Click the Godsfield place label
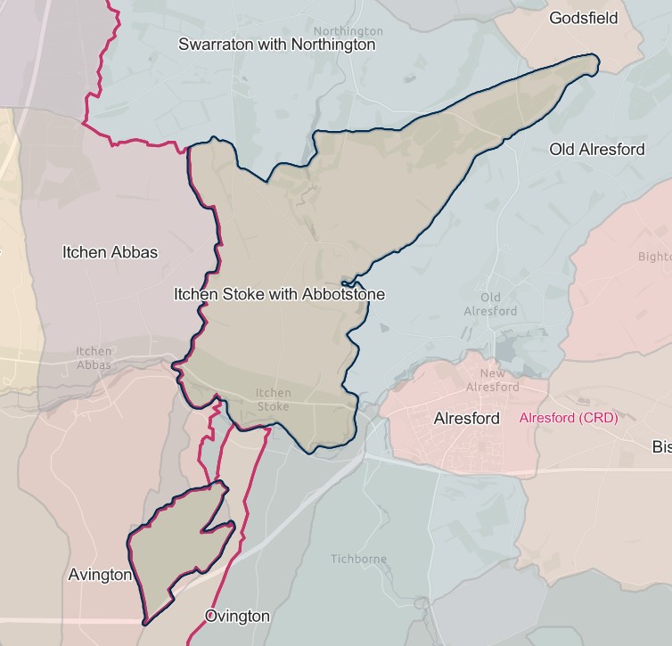point(583,18)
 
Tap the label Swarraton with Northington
point(276,45)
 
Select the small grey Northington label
point(348,6)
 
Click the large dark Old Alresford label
point(596,150)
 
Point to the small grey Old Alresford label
point(490,304)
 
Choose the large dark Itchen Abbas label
point(110,252)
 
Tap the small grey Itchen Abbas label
point(94,358)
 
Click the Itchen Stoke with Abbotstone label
point(279,293)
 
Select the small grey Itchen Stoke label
point(274,399)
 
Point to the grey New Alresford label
point(492,380)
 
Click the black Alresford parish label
point(466,418)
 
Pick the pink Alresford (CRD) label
point(568,418)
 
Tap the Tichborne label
point(358,560)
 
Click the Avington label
point(100,576)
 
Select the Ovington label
point(237,616)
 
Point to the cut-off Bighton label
point(654,258)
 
